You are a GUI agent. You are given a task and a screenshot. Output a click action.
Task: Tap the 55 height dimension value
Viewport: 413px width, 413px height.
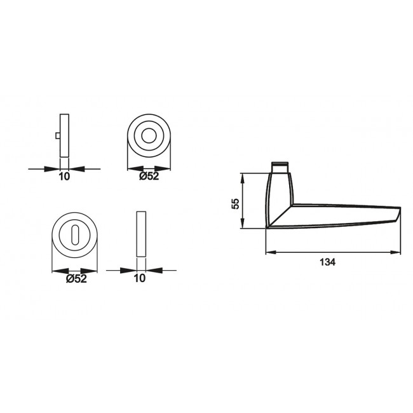pyautogui.click(x=235, y=203)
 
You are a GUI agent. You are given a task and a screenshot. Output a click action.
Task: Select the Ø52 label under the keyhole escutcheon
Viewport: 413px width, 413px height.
pyautogui.click(x=76, y=278)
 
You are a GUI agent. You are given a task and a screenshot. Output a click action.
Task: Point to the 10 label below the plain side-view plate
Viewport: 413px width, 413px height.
pyautogui.click(x=140, y=278)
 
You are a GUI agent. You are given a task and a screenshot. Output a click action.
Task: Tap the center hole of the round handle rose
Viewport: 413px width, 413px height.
pyautogui.click(x=150, y=136)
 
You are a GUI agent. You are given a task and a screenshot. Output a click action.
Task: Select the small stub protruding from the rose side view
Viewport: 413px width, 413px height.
pyautogui.click(x=58, y=136)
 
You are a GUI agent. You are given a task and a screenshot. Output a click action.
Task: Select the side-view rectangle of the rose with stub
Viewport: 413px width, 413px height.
pyautogui.click(x=64, y=135)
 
